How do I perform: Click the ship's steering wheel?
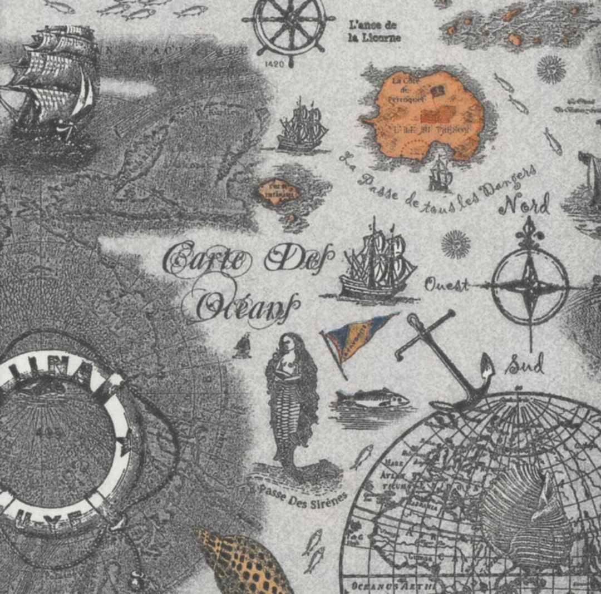pyautogui.click(x=288, y=27)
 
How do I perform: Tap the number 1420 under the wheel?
pyautogui.click(x=275, y=64)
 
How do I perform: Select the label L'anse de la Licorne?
pyautogui.click(x=374, y=31)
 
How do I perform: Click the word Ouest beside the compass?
pyautogui.click(x=446, y=285)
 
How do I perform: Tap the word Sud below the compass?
pyautogui.click(x=524, y=365)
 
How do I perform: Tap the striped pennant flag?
pyautogui.click(x=356, y=339)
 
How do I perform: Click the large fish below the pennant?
pyautogui.click(x=372, y=399)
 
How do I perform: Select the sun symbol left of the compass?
pyautogui.click(x=456, y=244)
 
